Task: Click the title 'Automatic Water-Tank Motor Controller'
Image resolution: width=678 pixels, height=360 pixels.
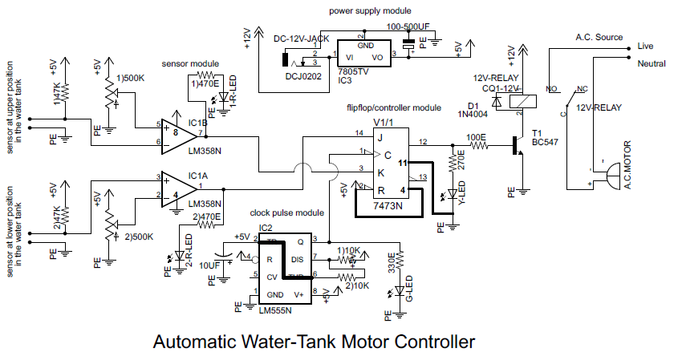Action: pos(314,342)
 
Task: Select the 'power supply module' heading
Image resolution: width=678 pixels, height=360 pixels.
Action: pos(371,11)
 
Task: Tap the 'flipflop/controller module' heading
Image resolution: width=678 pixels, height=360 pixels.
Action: pos(393,107)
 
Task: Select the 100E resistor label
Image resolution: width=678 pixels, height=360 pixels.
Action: pos(477,136)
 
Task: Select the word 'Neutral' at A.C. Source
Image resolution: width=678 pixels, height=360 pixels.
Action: pos(652,63)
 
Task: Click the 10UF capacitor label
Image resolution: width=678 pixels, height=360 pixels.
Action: pos(209,265)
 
